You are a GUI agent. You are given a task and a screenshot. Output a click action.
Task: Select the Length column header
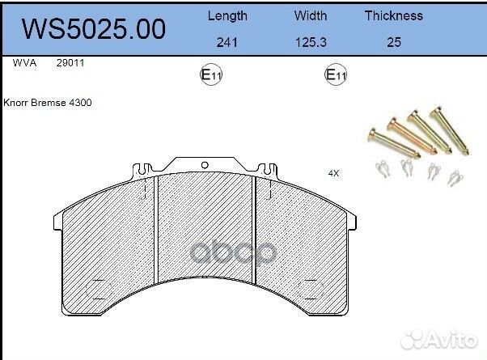[228, 15]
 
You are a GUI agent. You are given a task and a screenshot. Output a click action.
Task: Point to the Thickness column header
[393, 15]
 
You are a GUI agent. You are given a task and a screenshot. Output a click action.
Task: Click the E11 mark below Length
[211, 76]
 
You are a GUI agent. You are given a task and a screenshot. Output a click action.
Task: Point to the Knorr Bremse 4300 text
[47, 104]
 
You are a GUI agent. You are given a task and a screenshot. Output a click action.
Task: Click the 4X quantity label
[333, 173]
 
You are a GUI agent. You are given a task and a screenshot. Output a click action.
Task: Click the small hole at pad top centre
[205, 165]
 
